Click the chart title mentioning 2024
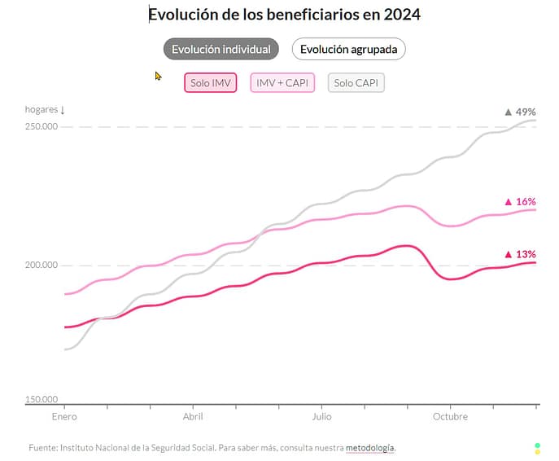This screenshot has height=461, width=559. pos(284,15)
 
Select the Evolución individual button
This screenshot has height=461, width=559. pos(221,49)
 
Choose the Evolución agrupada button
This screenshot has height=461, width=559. pos(348,49)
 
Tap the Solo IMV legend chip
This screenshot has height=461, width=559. pos(211,83)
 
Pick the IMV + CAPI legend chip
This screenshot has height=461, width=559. pos(282,83)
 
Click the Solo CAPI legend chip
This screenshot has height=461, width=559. pos(356,83)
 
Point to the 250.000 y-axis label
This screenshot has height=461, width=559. pos(41,126)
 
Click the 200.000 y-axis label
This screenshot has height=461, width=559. pos(41,265)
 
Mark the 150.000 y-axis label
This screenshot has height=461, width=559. pos(41,399)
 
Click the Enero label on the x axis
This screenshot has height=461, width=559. pos(64,416)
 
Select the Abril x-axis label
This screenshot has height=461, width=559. pos(193,416)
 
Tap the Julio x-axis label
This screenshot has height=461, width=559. pos(321,416)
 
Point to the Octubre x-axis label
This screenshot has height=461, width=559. pos(450,416)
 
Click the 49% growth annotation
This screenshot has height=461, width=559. pos(520,112)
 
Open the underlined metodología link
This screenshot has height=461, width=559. pos(370,448)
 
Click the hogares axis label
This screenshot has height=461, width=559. pos(44,109)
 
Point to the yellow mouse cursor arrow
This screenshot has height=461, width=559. pos(159,76)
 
